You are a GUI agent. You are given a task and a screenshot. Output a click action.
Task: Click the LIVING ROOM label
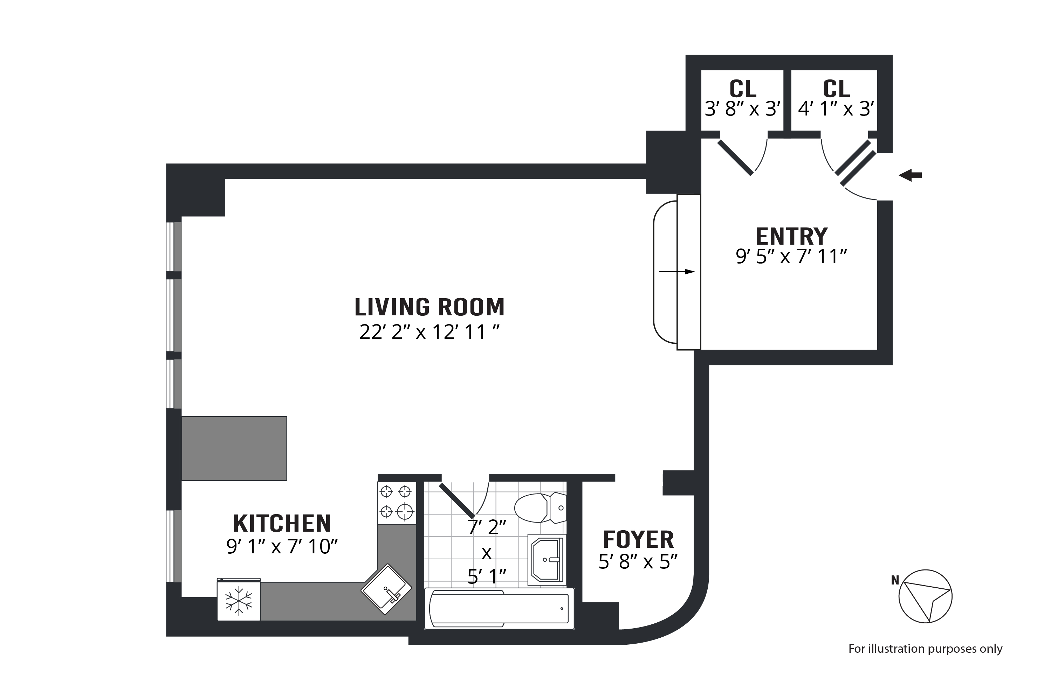[x=430, y=307]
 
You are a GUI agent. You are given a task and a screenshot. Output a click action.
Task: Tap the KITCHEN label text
[x=282, y=524]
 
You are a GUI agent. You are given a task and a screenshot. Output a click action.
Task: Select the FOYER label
[x=638, y=540]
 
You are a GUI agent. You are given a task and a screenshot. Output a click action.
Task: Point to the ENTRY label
[x=791, y=236]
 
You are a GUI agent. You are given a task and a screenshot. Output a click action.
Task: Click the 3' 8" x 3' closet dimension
[x=743, y=109]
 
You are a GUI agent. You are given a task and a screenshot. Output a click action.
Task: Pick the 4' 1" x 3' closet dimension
[x=836, y=109]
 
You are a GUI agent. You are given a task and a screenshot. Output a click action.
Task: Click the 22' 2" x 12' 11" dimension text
[x=430, y=332]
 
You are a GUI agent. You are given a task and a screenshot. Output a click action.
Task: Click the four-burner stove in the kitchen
[x=397, y=503]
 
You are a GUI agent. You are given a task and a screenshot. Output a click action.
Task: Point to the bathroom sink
[x=547, y=559]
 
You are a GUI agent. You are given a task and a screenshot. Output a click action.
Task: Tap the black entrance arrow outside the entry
[x=910, y=175]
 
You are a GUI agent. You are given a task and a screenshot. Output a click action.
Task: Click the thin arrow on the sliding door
[x=677, y=272]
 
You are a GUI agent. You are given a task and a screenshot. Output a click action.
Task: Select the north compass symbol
[x=926, y=596]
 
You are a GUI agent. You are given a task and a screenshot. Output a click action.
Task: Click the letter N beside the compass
[x=895, y=580]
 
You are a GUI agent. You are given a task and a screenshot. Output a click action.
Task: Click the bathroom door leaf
[x=457, y=500]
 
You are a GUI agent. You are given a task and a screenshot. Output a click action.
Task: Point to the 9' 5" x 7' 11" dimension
[x=791, y=257]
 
